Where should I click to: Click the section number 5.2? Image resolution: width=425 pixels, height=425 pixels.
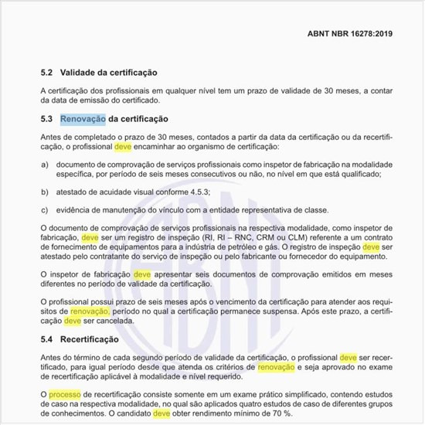pyautogui.click(x=46, y=72)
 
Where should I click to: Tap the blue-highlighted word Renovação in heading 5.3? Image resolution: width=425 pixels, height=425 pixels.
pyautogui.click(x=82, y=120)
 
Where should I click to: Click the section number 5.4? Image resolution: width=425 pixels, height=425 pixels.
pyautogui.click(x=46, y=339)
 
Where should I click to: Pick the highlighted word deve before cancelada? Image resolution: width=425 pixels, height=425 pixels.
pyautogui.click(x=72, y=319)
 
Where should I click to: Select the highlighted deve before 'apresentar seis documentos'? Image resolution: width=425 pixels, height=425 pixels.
pyautogui.click(x=142, y=274)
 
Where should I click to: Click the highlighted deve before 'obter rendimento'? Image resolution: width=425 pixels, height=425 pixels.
pyautogui.click(x=161, y=413)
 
